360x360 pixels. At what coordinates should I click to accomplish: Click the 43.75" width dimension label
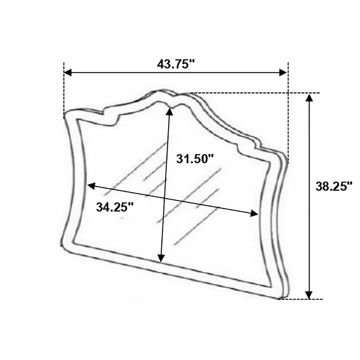[x=176, y=64]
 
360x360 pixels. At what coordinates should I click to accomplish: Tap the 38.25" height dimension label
[x=334, y=186]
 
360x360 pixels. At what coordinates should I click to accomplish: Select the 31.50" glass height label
[x=195, y=158]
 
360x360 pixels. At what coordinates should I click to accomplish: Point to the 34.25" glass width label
[x=115, y=207]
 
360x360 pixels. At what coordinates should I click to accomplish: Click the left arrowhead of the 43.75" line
[x=67, y=72]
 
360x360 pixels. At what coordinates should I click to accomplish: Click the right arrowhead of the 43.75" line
[x=283, y=72]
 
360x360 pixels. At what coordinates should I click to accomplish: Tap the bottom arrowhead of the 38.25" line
[x=309, y=295]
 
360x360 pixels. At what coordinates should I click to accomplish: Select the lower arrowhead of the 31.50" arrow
[x=161, y=258]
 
